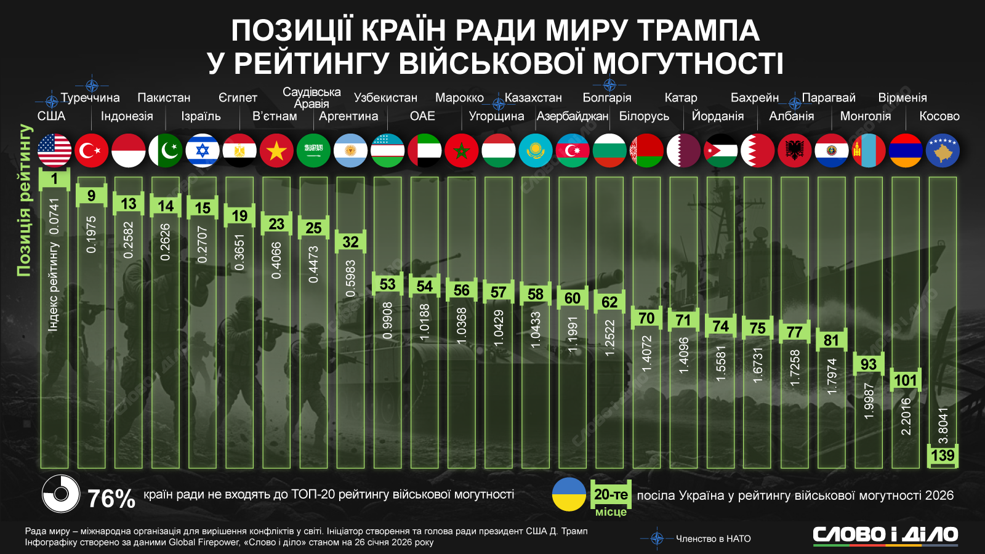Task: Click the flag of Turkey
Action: coord(91,151)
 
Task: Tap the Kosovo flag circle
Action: coord(943,151)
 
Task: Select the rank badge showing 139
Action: coord(943,456)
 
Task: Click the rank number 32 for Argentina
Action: coord(350,242)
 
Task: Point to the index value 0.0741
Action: coord(54,216)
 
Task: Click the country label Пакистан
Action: coord(164,98)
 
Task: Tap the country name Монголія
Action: coord(865,116)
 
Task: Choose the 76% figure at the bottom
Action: coord(111,498)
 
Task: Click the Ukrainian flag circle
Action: coord(568,494)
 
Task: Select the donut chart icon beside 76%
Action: coord(61,494)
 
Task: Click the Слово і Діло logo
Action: coord(885,534)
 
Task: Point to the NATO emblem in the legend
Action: coord(657,539)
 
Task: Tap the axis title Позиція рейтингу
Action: coord(24,200)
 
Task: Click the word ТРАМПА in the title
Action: coord(698,30)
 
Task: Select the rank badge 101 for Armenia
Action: coord(905,380)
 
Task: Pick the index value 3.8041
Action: coord(943,425)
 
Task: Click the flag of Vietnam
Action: coord(276,151)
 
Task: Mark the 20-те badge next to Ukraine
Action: coord(611,494)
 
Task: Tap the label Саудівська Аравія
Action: coord(312,97)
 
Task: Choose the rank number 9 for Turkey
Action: coord(91,196)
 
